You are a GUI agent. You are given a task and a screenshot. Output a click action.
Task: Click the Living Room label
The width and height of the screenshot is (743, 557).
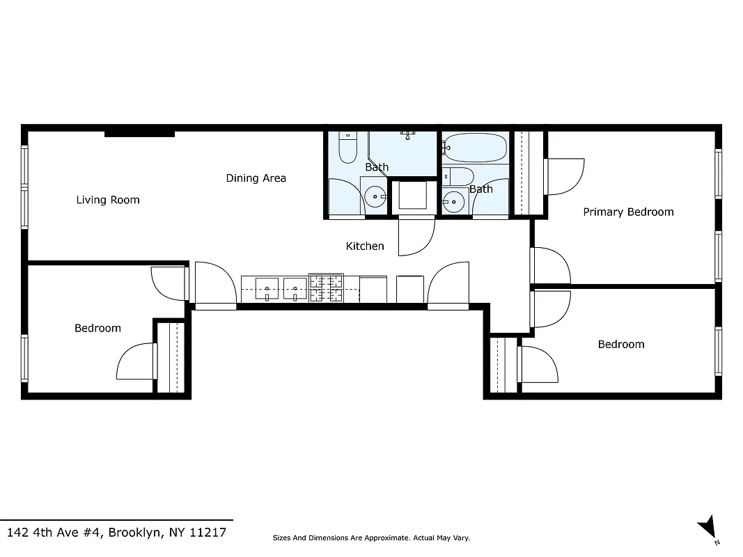tap(108, 200)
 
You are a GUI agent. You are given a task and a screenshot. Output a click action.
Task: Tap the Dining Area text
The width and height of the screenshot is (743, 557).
tap(256, 178)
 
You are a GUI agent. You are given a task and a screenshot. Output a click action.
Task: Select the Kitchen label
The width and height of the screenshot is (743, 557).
tap(365, 246)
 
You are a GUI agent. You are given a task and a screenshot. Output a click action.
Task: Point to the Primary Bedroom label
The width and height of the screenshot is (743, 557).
tap(628, 212)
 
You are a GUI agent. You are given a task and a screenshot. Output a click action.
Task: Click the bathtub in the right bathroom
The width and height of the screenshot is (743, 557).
tap(476, 148)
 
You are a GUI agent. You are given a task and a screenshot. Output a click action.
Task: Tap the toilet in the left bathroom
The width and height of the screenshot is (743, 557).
tap(347, 147)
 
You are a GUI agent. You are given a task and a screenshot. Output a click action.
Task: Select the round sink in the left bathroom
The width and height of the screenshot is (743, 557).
tap(377, 197)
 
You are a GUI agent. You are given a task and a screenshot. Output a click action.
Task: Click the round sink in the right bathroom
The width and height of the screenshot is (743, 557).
tap(454, 201)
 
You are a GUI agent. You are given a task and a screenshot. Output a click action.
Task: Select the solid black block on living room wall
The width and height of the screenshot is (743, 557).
tap(139, 132)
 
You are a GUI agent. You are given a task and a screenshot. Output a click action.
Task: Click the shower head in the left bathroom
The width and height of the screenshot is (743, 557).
tap(407, 133)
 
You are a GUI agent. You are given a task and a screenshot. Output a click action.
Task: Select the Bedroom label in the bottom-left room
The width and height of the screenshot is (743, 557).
tap(97, 328)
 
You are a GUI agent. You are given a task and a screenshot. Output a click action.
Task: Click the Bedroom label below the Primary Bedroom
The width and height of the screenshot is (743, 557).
tap(621, 344)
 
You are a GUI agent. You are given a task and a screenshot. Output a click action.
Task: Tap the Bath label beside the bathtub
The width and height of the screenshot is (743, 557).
tap(480, 189)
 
